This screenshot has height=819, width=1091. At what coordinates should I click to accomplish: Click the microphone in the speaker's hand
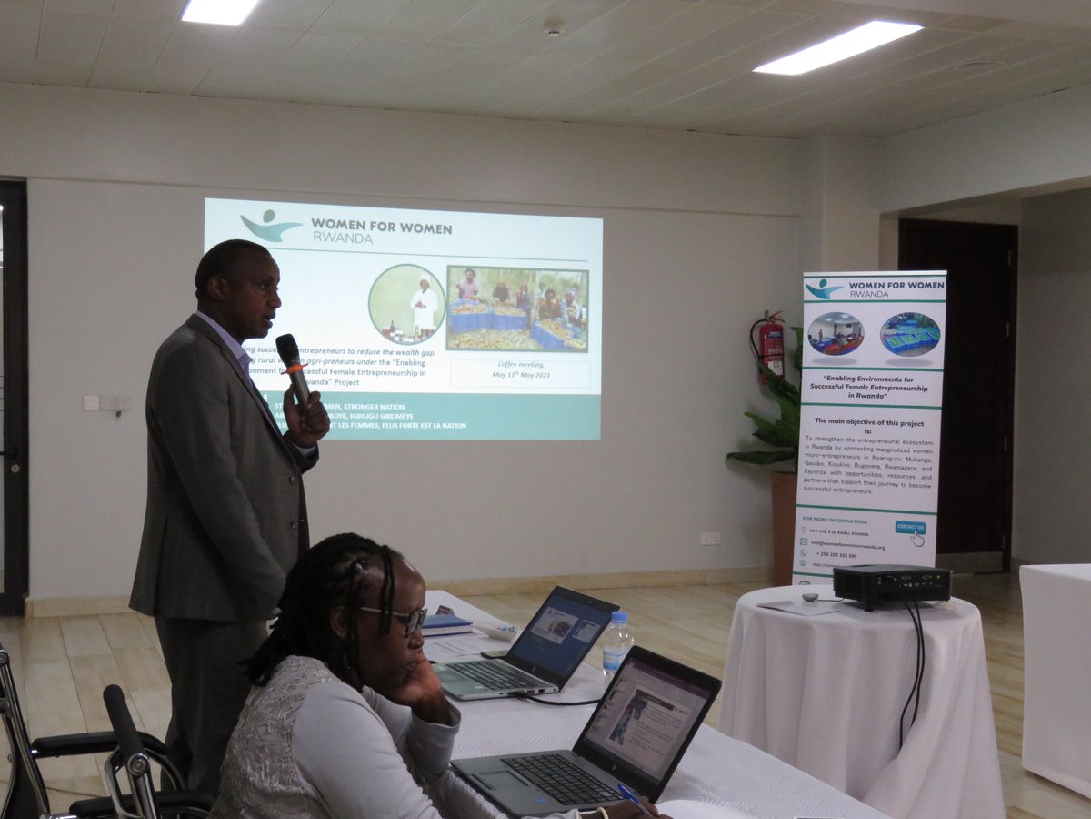click(x=293, y=365)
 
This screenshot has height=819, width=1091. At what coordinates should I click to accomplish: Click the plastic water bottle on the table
click(x=616, y=642)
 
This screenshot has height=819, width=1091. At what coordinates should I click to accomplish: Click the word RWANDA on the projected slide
click(x=342, y=238)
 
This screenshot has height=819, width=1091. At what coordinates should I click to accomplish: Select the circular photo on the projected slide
click(x=406, y=303)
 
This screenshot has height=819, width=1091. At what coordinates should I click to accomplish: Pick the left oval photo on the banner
click(x=835, y=334)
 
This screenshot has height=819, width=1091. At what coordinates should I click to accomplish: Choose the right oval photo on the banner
click(x=910, y=334)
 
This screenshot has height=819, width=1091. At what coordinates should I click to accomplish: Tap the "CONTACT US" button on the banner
click(x=910, y=528)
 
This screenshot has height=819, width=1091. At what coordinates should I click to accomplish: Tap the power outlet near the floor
click(x=710, y=538)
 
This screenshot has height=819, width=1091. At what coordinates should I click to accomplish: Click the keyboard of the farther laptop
click(x=491, y=674)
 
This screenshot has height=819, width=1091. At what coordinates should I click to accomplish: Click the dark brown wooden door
click(x=956, y=382)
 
